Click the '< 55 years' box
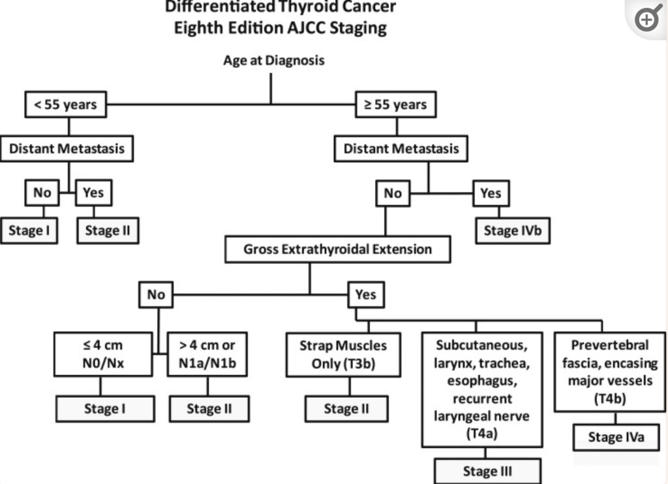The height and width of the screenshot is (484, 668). (x=66, y=105)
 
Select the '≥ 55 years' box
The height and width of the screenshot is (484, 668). (x=395, y=105)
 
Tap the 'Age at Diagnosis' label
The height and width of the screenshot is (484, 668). (x=273, y=61)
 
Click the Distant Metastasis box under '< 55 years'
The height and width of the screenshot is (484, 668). (x=67, y=149)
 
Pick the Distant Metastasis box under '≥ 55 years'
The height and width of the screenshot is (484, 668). (x=401, y=149)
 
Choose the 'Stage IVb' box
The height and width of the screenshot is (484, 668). (x=513, y=231)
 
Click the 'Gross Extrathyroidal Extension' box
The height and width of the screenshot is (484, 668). (x=338, y=250)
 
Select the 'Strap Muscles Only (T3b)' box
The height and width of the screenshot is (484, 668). (x=343, y=355)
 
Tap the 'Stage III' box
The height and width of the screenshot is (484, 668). (x=488, y=471)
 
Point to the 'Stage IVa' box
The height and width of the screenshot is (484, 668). (x=616, y=438)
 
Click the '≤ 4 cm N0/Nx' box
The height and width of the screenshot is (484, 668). (x=100, y=355)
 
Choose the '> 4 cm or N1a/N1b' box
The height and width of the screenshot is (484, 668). (x=208, y=355)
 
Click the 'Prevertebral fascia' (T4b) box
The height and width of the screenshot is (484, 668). (x=610, y=372)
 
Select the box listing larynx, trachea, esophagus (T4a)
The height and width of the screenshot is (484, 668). (x=481, y=389)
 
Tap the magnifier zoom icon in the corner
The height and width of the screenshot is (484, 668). (x=647, y=19)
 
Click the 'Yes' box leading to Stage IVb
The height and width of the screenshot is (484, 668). (x=491, y=193)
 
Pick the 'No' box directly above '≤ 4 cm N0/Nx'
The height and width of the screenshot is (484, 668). (x=156, y=295)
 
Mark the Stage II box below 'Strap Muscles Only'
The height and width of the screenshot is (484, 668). (x=346, y=410)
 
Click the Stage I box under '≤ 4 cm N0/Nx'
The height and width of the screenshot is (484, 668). (x=105, y=410)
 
